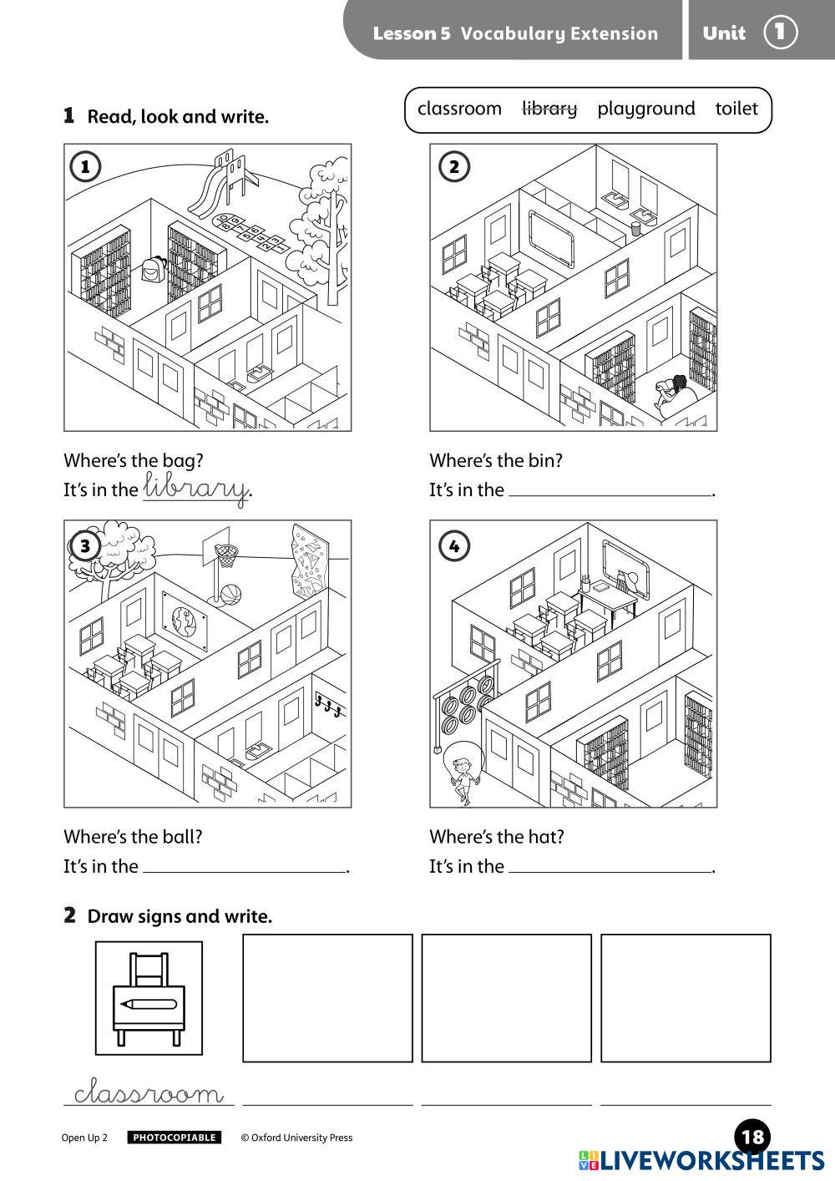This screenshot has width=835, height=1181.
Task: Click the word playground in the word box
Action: coord(645,109)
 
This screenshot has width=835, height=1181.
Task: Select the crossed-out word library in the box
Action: coord(549,109)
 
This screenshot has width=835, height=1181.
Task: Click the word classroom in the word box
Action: coord(459,109)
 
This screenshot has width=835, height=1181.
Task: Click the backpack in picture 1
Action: coord(152,269)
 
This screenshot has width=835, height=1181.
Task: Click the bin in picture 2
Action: coord(635,228)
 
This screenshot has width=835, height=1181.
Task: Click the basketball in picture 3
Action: coord(231,595)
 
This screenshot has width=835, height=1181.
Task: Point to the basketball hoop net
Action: coord(226,557)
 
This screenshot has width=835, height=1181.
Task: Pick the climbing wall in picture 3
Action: coord(310,561)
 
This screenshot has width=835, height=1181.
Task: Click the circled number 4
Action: coord(454,546)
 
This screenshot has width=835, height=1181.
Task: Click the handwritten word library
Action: coord(196,488)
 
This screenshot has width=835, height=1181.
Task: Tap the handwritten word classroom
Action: coord(149,1092)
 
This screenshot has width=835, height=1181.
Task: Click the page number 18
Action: coord(752,1138)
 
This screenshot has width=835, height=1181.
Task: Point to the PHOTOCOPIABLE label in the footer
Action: coord(174,1138)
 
